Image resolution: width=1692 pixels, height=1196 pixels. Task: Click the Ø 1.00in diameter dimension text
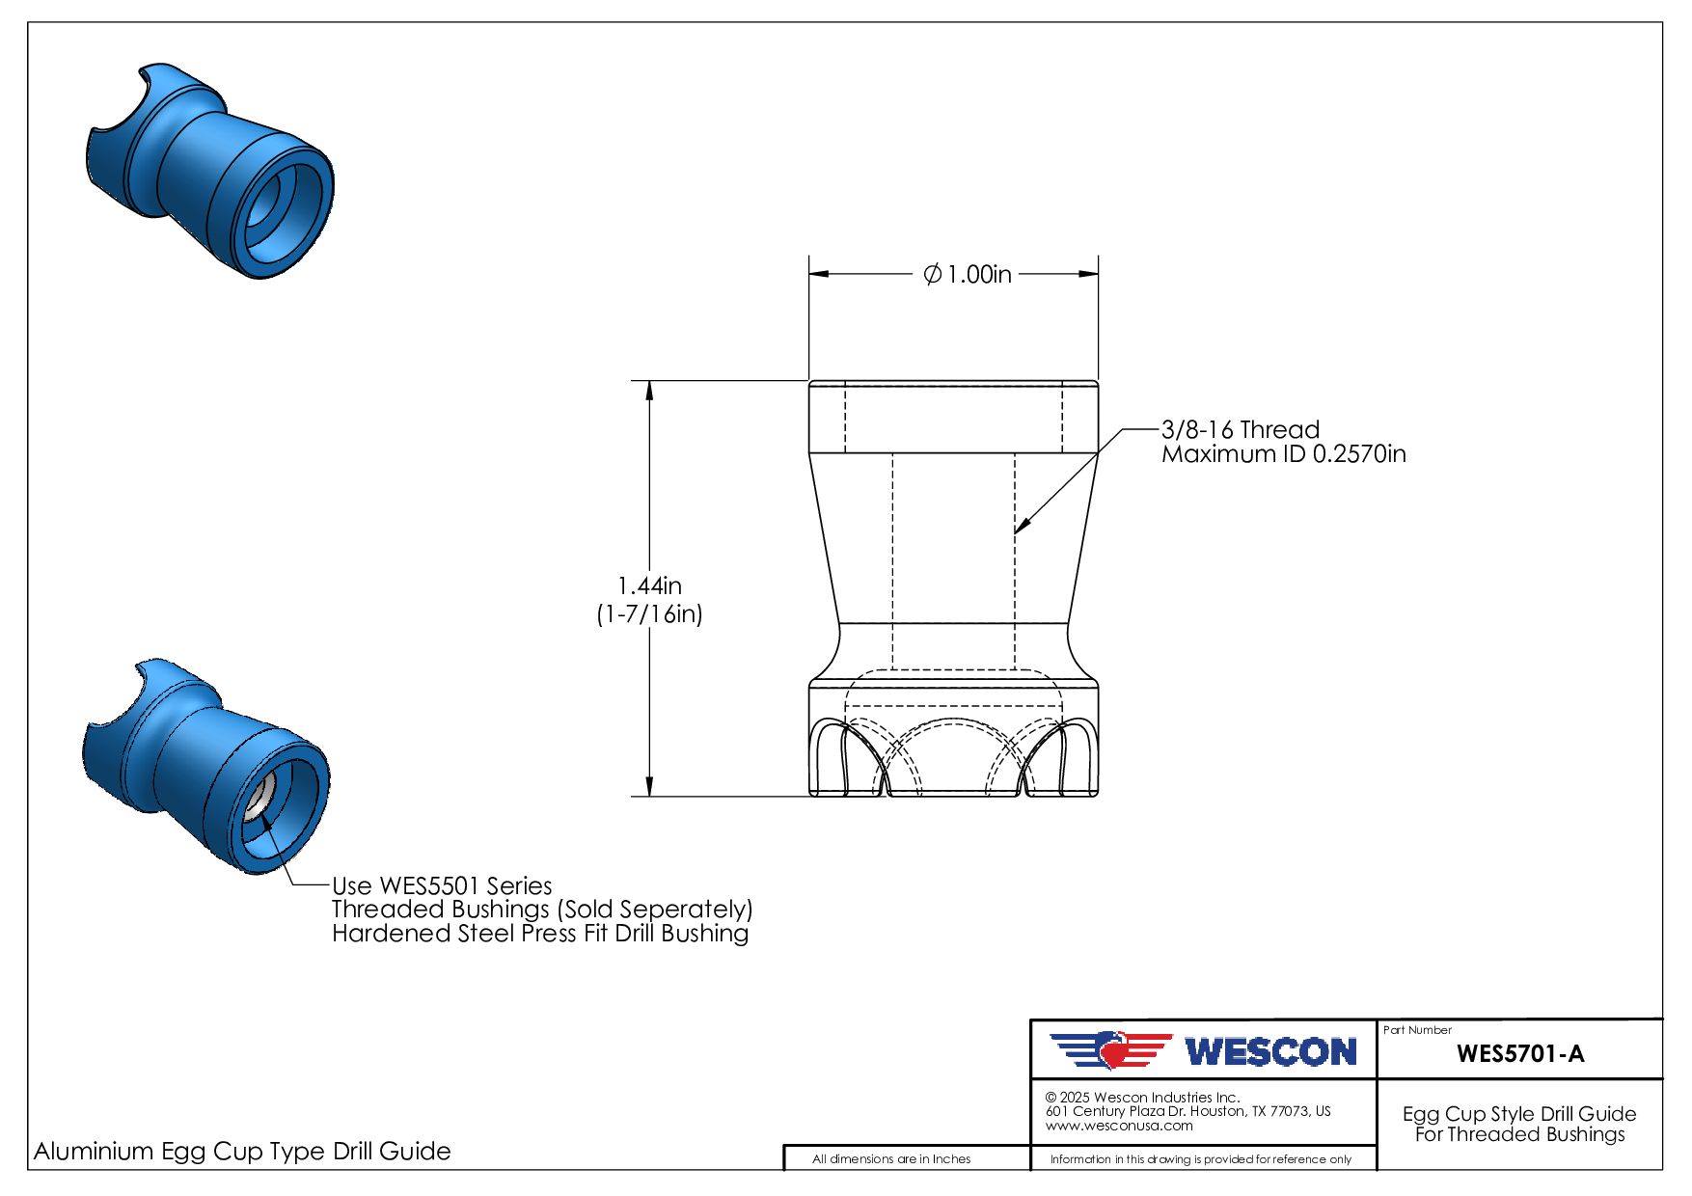[x=968, y=275]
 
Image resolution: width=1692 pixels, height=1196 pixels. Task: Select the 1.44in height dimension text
[x=649, y=585]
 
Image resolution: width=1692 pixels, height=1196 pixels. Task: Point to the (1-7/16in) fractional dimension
[x=649, y=614]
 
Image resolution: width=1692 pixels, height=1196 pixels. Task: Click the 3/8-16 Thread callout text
[x=1241, y=430]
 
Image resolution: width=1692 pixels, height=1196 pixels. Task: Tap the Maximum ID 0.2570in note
[x=1284, y=454]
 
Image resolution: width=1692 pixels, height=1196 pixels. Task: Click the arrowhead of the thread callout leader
[x=1022, y=526]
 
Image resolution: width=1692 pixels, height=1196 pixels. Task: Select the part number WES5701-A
[x=1520, y=1053]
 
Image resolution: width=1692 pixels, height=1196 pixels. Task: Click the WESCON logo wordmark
[x=1271, y=1051]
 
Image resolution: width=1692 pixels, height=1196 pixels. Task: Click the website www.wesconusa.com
[x=1119, y=1126]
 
